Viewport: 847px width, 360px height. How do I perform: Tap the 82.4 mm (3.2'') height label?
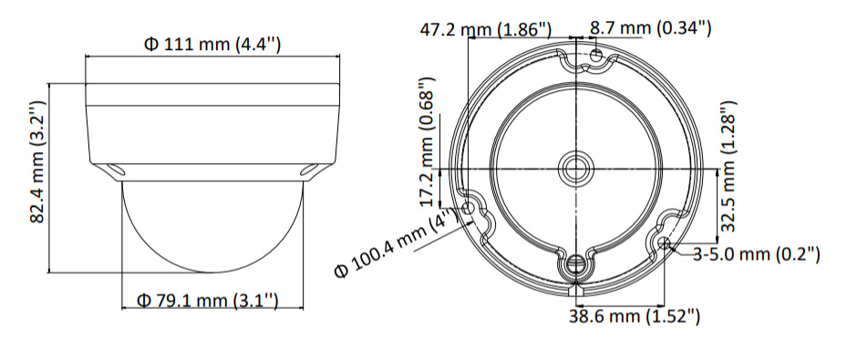tap(37, 161)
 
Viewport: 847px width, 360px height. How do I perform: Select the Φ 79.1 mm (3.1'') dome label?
tap(208, 300)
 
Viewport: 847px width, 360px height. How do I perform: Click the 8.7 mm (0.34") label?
tap(650, 27)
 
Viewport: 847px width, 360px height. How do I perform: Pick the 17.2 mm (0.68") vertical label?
tap(429, 141)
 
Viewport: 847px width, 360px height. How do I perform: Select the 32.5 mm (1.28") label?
tap(728, 166)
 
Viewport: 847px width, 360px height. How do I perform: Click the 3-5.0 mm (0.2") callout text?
tap(757, 253)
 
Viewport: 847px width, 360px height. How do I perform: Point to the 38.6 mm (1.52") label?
tap(635, 315)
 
